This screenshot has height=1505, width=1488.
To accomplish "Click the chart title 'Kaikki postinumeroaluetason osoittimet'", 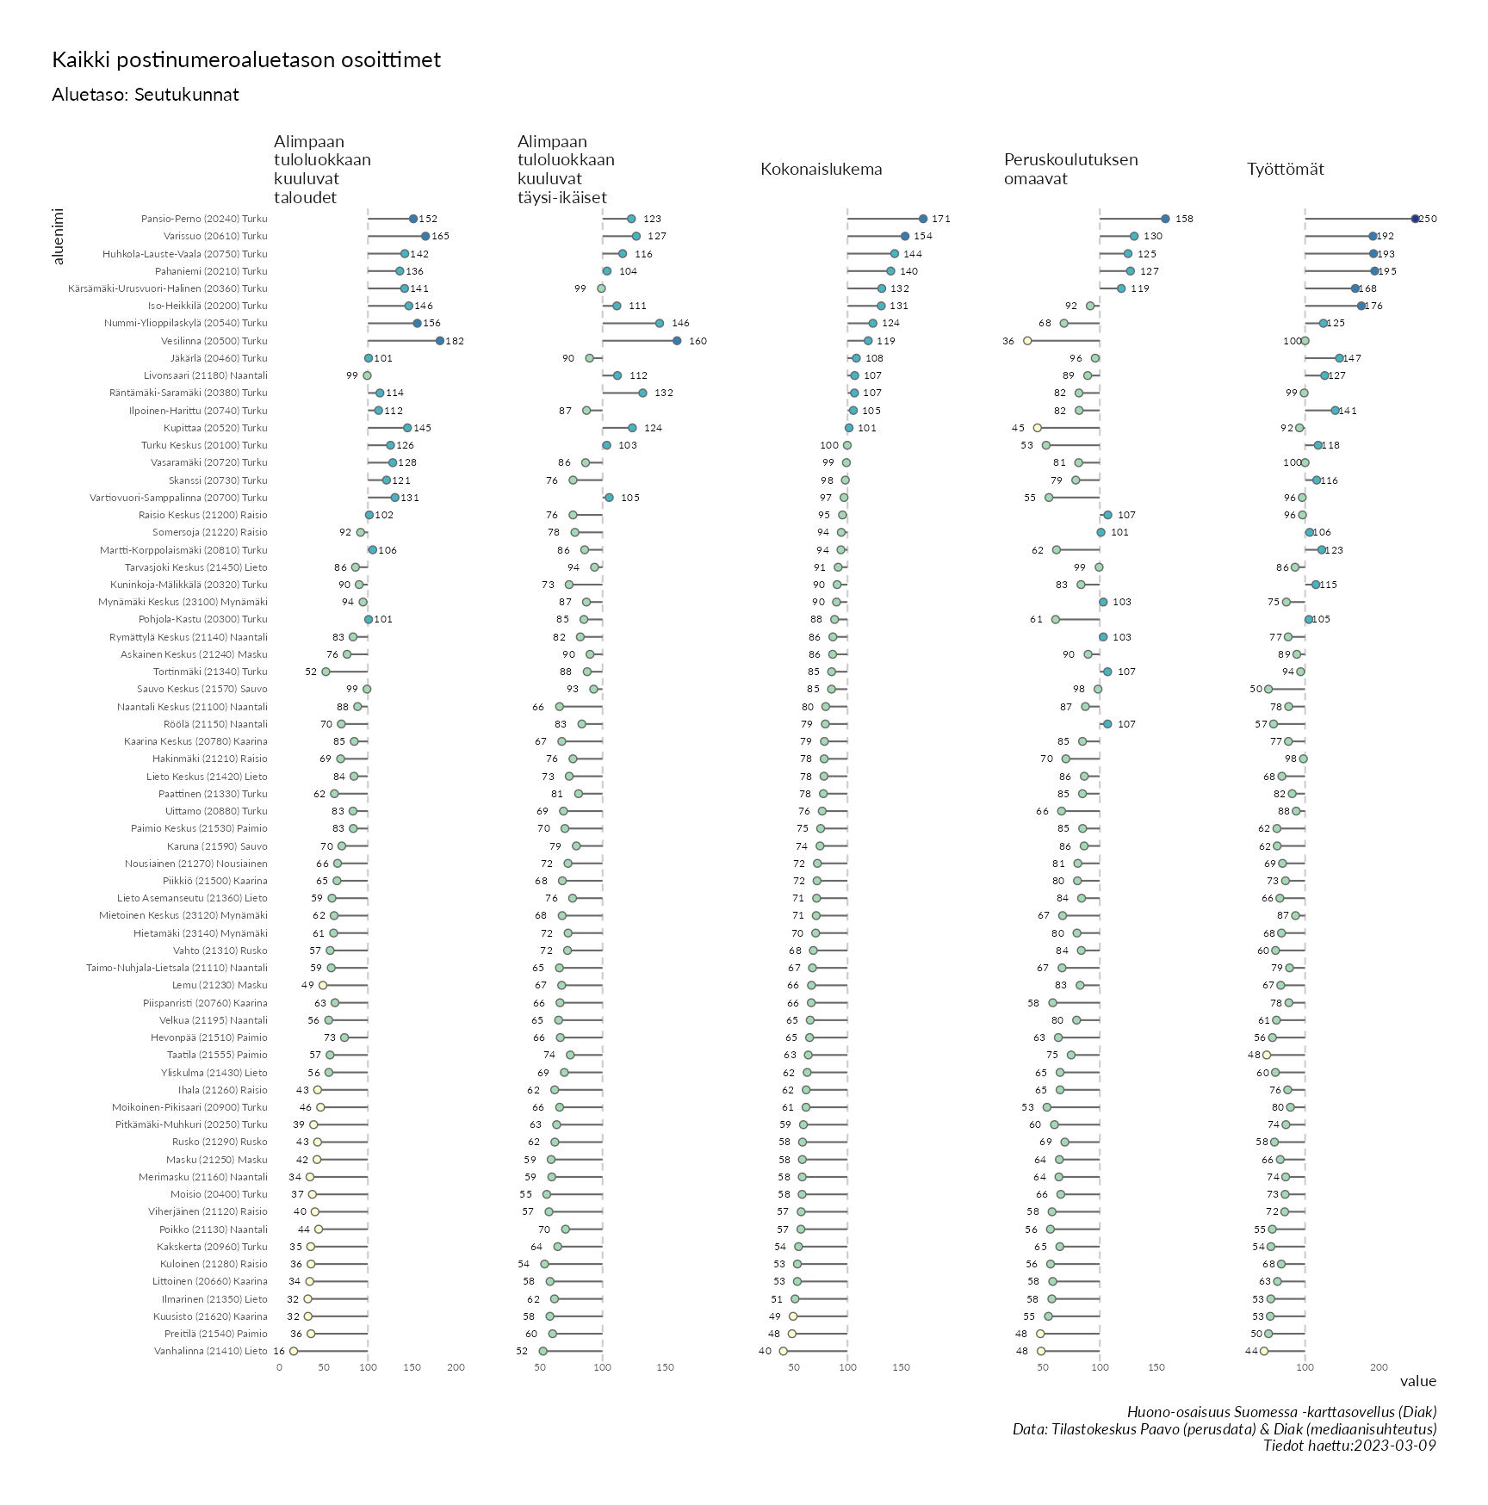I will point(246,60).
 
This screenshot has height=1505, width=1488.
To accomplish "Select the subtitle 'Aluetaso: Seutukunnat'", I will point(146,95).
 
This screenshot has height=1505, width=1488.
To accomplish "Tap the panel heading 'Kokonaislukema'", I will point(821,170).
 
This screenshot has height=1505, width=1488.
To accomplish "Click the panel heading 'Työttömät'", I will point(1285,170).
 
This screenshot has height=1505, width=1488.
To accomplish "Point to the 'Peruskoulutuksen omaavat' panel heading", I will point(1070,170).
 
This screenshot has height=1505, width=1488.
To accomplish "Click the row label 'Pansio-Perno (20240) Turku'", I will point(204,220).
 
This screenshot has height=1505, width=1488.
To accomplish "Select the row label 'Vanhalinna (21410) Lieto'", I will point(211,1352).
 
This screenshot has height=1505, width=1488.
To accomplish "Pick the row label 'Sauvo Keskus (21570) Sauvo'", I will point(202,690).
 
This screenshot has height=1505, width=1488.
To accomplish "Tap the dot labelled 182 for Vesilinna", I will point(440,341).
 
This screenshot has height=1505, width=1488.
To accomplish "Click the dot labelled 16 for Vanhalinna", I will point(294,1352).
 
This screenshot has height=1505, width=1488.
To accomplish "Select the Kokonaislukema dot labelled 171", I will point(923,220).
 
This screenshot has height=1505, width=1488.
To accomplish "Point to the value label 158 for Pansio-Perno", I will point(1184,220).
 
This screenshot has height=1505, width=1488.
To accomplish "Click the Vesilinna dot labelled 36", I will point(1027,341).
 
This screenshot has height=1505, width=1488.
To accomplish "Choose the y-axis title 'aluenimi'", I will point(59,236).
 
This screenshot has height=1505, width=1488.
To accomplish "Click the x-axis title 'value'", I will point(1417,1382).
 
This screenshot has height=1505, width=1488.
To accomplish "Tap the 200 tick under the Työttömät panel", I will point(1379,1367).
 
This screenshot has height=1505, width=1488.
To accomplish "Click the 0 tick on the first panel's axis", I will point(279,1367).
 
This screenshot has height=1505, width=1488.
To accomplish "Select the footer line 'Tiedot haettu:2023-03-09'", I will point(1349,1446).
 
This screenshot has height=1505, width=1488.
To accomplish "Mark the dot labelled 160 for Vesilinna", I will point(677,341).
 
